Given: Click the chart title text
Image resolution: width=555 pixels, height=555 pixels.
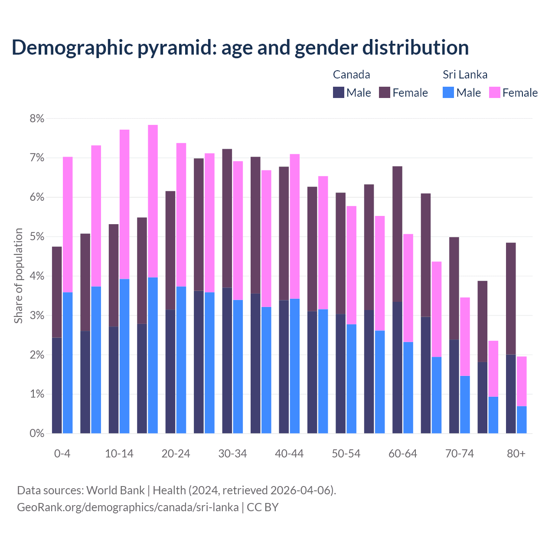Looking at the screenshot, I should pyautogui.click(x=240, y=47).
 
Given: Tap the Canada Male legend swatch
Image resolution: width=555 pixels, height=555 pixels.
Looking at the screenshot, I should pyautogui.click(x=339, y=92).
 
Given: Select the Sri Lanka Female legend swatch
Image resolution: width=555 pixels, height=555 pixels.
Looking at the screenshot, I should pyautogui.click(x=494, y=92).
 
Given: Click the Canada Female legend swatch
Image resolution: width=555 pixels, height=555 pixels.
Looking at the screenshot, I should pyautogui.click(x=385, y=92).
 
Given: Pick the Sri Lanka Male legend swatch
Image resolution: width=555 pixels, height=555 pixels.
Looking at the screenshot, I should pyautogui.click(x=448, y=92).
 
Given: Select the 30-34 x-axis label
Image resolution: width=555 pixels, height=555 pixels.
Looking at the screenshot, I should pyautogui.click(x=232, y=454).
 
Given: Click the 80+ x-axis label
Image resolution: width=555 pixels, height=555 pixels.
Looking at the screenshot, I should pyautogui.click(x=516, y=454).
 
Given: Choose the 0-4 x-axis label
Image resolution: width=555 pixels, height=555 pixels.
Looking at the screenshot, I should pyautogui.click(x=62, y=454).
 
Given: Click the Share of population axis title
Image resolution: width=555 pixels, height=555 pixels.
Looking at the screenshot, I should pyautogui.click(x=18, y=276).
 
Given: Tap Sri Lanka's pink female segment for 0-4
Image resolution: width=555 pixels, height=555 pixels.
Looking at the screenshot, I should pyautogui.click(x=68, y=225).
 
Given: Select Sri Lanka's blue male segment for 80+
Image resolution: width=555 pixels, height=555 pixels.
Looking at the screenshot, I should pyautogui.click(x=522, y=420).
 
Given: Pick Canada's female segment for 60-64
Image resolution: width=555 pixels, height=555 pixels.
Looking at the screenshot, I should pyautogui.click(x=397, y=234).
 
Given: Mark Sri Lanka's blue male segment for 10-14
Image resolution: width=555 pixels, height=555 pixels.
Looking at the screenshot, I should pyautogui.click(x=124, y=356).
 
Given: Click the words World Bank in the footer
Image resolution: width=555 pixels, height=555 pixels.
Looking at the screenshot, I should pyautogui.click(x=115, y=490).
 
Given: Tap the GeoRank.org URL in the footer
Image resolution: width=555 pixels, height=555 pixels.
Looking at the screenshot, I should pyautogui.click(x=127, y=507).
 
